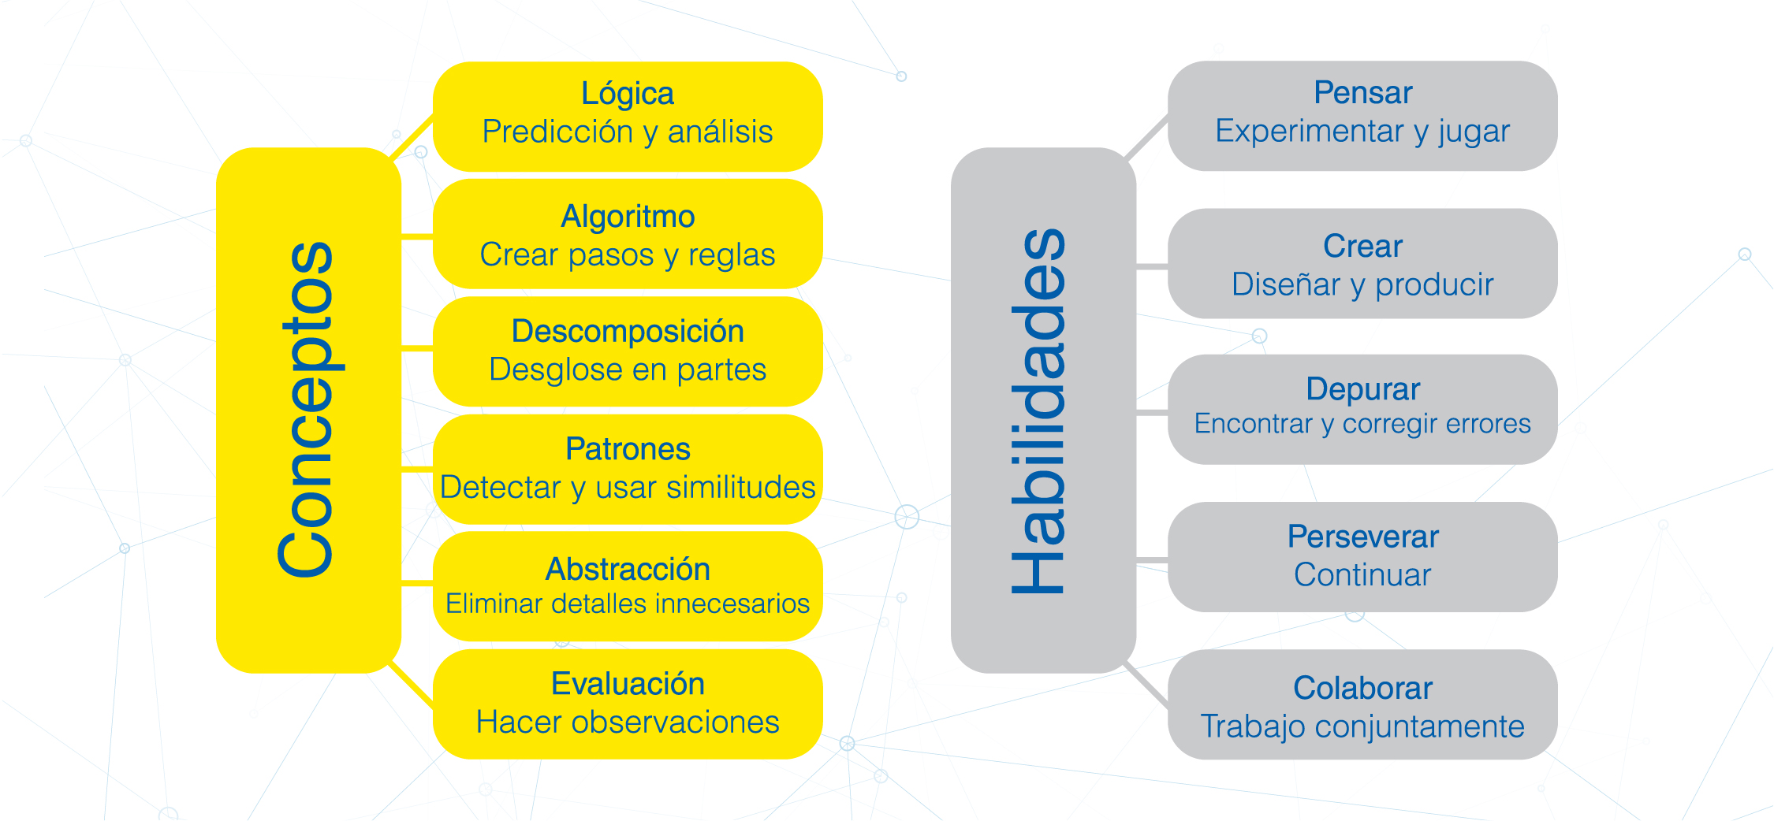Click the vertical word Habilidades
(x=1038, y=410)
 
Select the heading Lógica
(x=628, y=94)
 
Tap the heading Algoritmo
(x=628, y=217)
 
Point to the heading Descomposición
(x=628, y=332)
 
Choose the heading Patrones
(x=628, y=449)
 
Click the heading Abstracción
(x=628, y=569)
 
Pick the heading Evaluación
(x=628, y=684)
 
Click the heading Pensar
(x=1362, y=93)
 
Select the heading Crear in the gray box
(x=1362, y=247)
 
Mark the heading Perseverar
(x=1362, y=537)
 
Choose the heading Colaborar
(x=1362, y=688)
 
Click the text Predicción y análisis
(x=628, y=132)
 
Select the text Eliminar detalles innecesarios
(x=628, y=604)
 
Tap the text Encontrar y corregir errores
(x=1362, y=425)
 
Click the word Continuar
(x=1362, y=575)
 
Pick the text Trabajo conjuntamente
(x=1362, y=727)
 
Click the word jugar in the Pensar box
(x=1474, y=132)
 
